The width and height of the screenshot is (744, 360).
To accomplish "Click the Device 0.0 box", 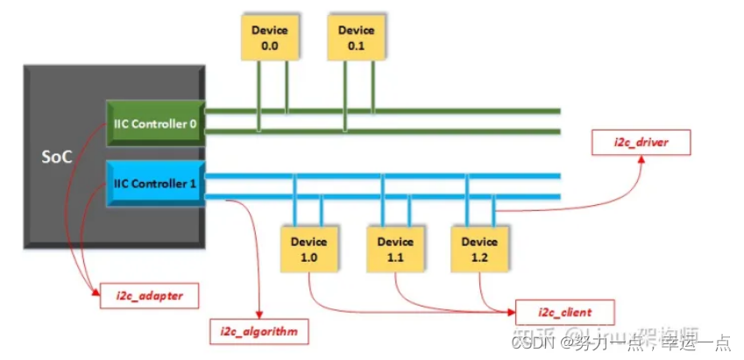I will coord(270,38).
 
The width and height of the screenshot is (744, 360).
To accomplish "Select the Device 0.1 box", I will coord(357,38).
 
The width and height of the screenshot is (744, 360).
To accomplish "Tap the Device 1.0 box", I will coord(308,248).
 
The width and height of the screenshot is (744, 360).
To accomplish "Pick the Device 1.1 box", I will coord(394,248).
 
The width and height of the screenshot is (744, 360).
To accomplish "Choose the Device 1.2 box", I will coord(479,248).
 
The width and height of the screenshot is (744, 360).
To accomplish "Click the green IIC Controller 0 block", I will coord(154,124).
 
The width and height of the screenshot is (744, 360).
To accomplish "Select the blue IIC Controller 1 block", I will coord(154,183).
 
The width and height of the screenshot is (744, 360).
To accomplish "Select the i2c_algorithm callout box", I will coord(259,332).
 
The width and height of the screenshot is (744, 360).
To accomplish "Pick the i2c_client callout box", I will coord(564,312).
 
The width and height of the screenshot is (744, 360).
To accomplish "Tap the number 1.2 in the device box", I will coord(479,257).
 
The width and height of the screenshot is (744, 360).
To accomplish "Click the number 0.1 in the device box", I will coord(357,46).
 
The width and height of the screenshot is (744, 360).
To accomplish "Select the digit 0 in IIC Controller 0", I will coord(192,124).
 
